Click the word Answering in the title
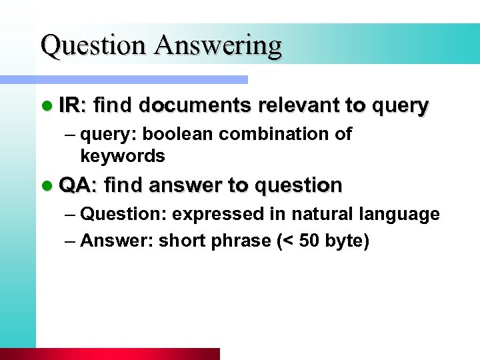[218, 45]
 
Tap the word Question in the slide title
[93, 45]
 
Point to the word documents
[195, 105]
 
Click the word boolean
[178, 133]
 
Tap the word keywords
[122, 156]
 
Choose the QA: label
[78, 185]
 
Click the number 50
[309, 241]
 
